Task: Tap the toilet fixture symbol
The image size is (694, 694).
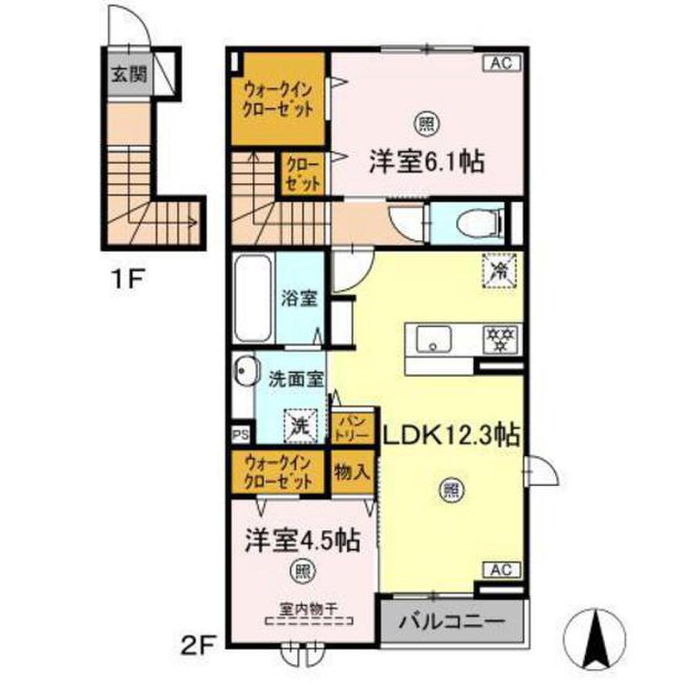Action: [x=478, y=221]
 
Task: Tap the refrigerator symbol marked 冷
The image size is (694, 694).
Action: [x=499, y=271]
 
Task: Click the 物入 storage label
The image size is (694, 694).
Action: [x=352, y=472]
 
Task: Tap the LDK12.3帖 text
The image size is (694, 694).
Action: [x=451, y=434]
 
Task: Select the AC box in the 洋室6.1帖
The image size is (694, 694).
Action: [x=501, y=64]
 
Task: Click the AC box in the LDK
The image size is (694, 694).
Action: [x=501, y=569]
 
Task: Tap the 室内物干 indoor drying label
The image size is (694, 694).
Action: [x=308, y=608]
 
